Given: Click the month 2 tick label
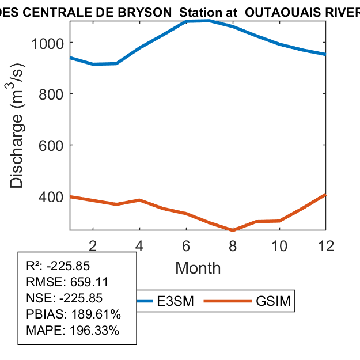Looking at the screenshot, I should click(x=93, y=245).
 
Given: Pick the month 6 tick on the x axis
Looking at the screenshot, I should click(x=186, y=245).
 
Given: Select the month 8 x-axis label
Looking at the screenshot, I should click(x=233, y=245).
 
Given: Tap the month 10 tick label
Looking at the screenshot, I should click(x=279, y=245).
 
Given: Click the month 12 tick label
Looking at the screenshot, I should click(x=325, y=245).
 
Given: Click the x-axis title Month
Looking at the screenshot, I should click(x=198, y=267).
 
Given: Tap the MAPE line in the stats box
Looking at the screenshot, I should click(x=73, y=331).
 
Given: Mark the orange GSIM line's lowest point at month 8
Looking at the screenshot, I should click(x=233, y=230).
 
